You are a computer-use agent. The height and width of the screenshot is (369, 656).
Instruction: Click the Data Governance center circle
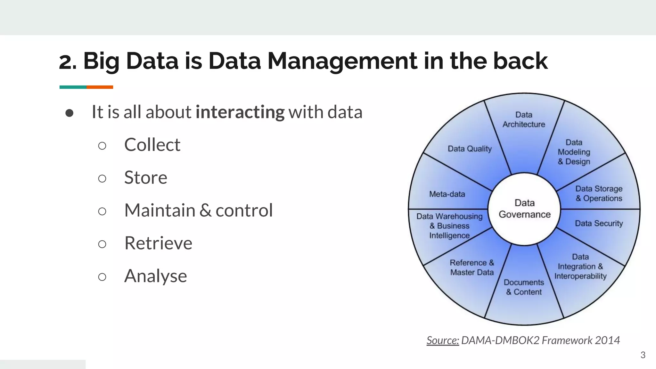[x=524, y=209]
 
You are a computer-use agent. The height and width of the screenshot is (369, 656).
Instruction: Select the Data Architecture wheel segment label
[x=524, y=119]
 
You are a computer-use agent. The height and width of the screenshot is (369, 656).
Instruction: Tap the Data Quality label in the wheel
[x=470, y=149]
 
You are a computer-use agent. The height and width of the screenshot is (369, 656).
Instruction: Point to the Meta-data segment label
[x=447, y=194]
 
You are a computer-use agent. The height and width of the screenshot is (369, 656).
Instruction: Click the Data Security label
[x=599, y=223]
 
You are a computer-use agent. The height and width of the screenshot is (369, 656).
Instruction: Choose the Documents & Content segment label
[x=524, y=287]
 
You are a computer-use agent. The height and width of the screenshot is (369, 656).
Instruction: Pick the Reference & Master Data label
[x=472, y=267]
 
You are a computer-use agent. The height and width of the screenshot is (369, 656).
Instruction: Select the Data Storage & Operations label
[x=599, y=193]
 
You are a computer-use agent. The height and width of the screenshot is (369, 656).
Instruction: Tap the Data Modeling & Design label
[x=574, y=152]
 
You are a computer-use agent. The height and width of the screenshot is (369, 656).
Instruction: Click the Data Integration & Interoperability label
[x=580, y=266]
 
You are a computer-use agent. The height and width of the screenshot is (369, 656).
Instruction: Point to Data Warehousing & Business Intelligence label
[x=449, y=226]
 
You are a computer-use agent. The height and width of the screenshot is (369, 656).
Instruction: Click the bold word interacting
[x=240, y=112]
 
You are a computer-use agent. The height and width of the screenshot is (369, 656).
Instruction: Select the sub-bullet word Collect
[x=152, y=145]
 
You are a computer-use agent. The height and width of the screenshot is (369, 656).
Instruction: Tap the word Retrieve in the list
[x=158, y=243]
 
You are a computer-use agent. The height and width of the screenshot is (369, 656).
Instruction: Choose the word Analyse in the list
[x=155, y=276]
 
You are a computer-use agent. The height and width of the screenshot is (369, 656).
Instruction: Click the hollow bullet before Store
[x=102, y=178]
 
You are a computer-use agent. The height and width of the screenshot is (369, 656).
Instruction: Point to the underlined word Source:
[x=443, y=340]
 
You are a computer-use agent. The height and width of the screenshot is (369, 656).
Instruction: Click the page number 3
[x=643, y=355]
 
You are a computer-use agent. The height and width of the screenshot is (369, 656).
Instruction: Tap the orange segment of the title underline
[x=100, y=87]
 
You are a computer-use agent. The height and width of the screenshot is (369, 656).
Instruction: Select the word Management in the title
[x=342, y=61]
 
